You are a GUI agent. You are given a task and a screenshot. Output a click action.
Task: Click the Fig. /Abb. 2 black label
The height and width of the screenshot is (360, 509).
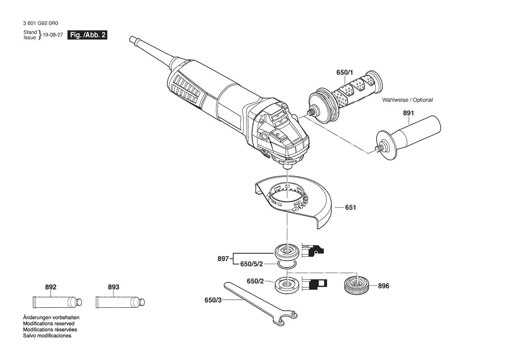[88, 35]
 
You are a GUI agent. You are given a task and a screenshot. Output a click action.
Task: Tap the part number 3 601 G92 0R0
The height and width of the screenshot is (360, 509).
[41, 24]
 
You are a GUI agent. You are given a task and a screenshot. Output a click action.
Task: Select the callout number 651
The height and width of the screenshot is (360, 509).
[351, 207]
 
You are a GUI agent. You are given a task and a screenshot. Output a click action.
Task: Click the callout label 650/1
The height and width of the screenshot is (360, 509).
[344, 72]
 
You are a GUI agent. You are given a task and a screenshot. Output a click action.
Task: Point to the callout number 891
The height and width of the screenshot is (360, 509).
[408, 113]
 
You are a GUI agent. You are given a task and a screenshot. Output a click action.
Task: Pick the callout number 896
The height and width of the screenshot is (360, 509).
[383, 286]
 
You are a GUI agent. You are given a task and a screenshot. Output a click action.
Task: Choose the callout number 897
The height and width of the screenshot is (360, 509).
[223, 259]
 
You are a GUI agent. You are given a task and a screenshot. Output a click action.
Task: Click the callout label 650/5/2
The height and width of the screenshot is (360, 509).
[252, 264]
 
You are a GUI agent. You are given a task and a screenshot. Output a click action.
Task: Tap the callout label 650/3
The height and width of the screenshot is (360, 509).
[213, 300]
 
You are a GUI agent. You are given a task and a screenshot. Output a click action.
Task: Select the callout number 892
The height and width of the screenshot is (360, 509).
[51, 287]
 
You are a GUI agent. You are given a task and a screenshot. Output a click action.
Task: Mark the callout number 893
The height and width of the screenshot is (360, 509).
[113, 287]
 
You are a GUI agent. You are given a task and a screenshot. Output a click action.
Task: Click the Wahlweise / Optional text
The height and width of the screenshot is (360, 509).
[408, 100]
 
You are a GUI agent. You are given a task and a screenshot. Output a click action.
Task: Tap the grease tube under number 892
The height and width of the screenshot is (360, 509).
[57, 302]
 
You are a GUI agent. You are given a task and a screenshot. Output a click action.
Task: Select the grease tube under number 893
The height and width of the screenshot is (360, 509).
[120, 302]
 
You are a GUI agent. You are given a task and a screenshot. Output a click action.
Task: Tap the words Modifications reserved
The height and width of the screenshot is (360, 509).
[49, 324]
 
